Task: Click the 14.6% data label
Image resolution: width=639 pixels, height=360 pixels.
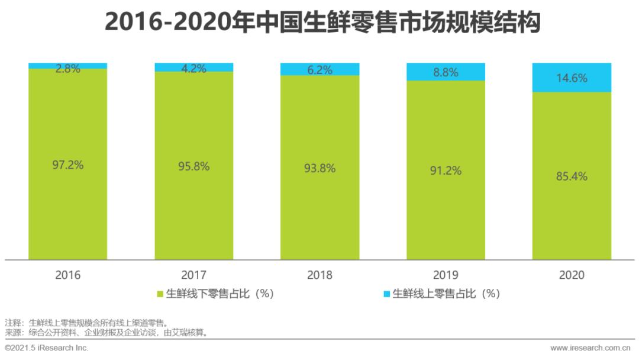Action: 572,78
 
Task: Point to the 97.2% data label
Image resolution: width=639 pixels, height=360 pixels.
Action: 68,165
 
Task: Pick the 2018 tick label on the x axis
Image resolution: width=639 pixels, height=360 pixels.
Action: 319,275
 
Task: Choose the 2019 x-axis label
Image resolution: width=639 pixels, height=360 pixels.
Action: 446,275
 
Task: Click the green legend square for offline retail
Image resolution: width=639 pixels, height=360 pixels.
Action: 160,294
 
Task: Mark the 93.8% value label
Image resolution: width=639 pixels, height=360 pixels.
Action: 319,168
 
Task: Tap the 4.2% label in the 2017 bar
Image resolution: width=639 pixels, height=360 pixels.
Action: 194,69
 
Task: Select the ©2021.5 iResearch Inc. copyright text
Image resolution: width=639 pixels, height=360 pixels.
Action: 47,348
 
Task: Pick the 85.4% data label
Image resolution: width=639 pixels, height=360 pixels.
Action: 572,176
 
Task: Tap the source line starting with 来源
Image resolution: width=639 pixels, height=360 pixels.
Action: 106,332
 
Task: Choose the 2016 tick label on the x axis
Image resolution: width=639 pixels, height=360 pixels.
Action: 68,275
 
